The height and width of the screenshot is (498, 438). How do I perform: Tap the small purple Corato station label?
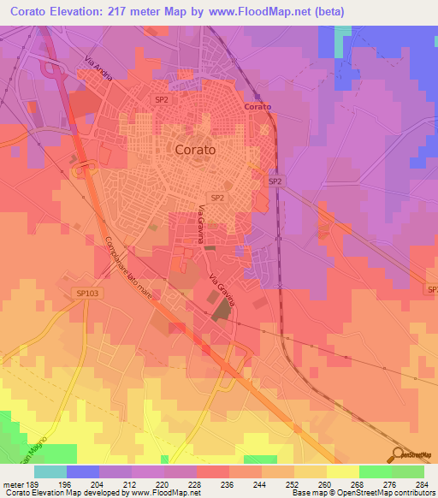tap(257, 107)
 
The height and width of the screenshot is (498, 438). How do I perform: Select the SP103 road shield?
tap(87, 293)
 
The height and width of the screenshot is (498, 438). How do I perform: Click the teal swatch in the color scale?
tap(50, 471)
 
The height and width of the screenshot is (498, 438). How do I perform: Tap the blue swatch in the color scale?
tap(82, 471)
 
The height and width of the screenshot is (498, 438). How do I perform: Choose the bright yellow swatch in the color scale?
tap(342, 471)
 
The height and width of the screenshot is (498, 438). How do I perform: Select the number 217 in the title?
tap(135, 11)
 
